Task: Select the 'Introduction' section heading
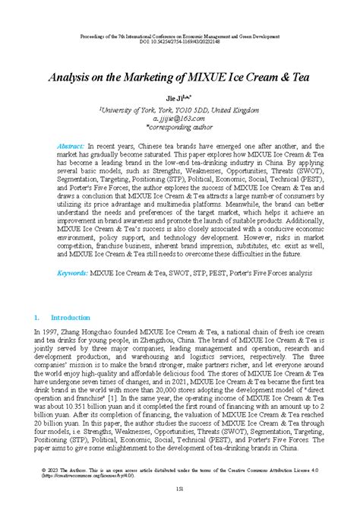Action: tap(70, 317)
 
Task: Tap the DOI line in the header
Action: tap(180, 43)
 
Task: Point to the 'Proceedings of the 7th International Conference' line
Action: tap(180, 36)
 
